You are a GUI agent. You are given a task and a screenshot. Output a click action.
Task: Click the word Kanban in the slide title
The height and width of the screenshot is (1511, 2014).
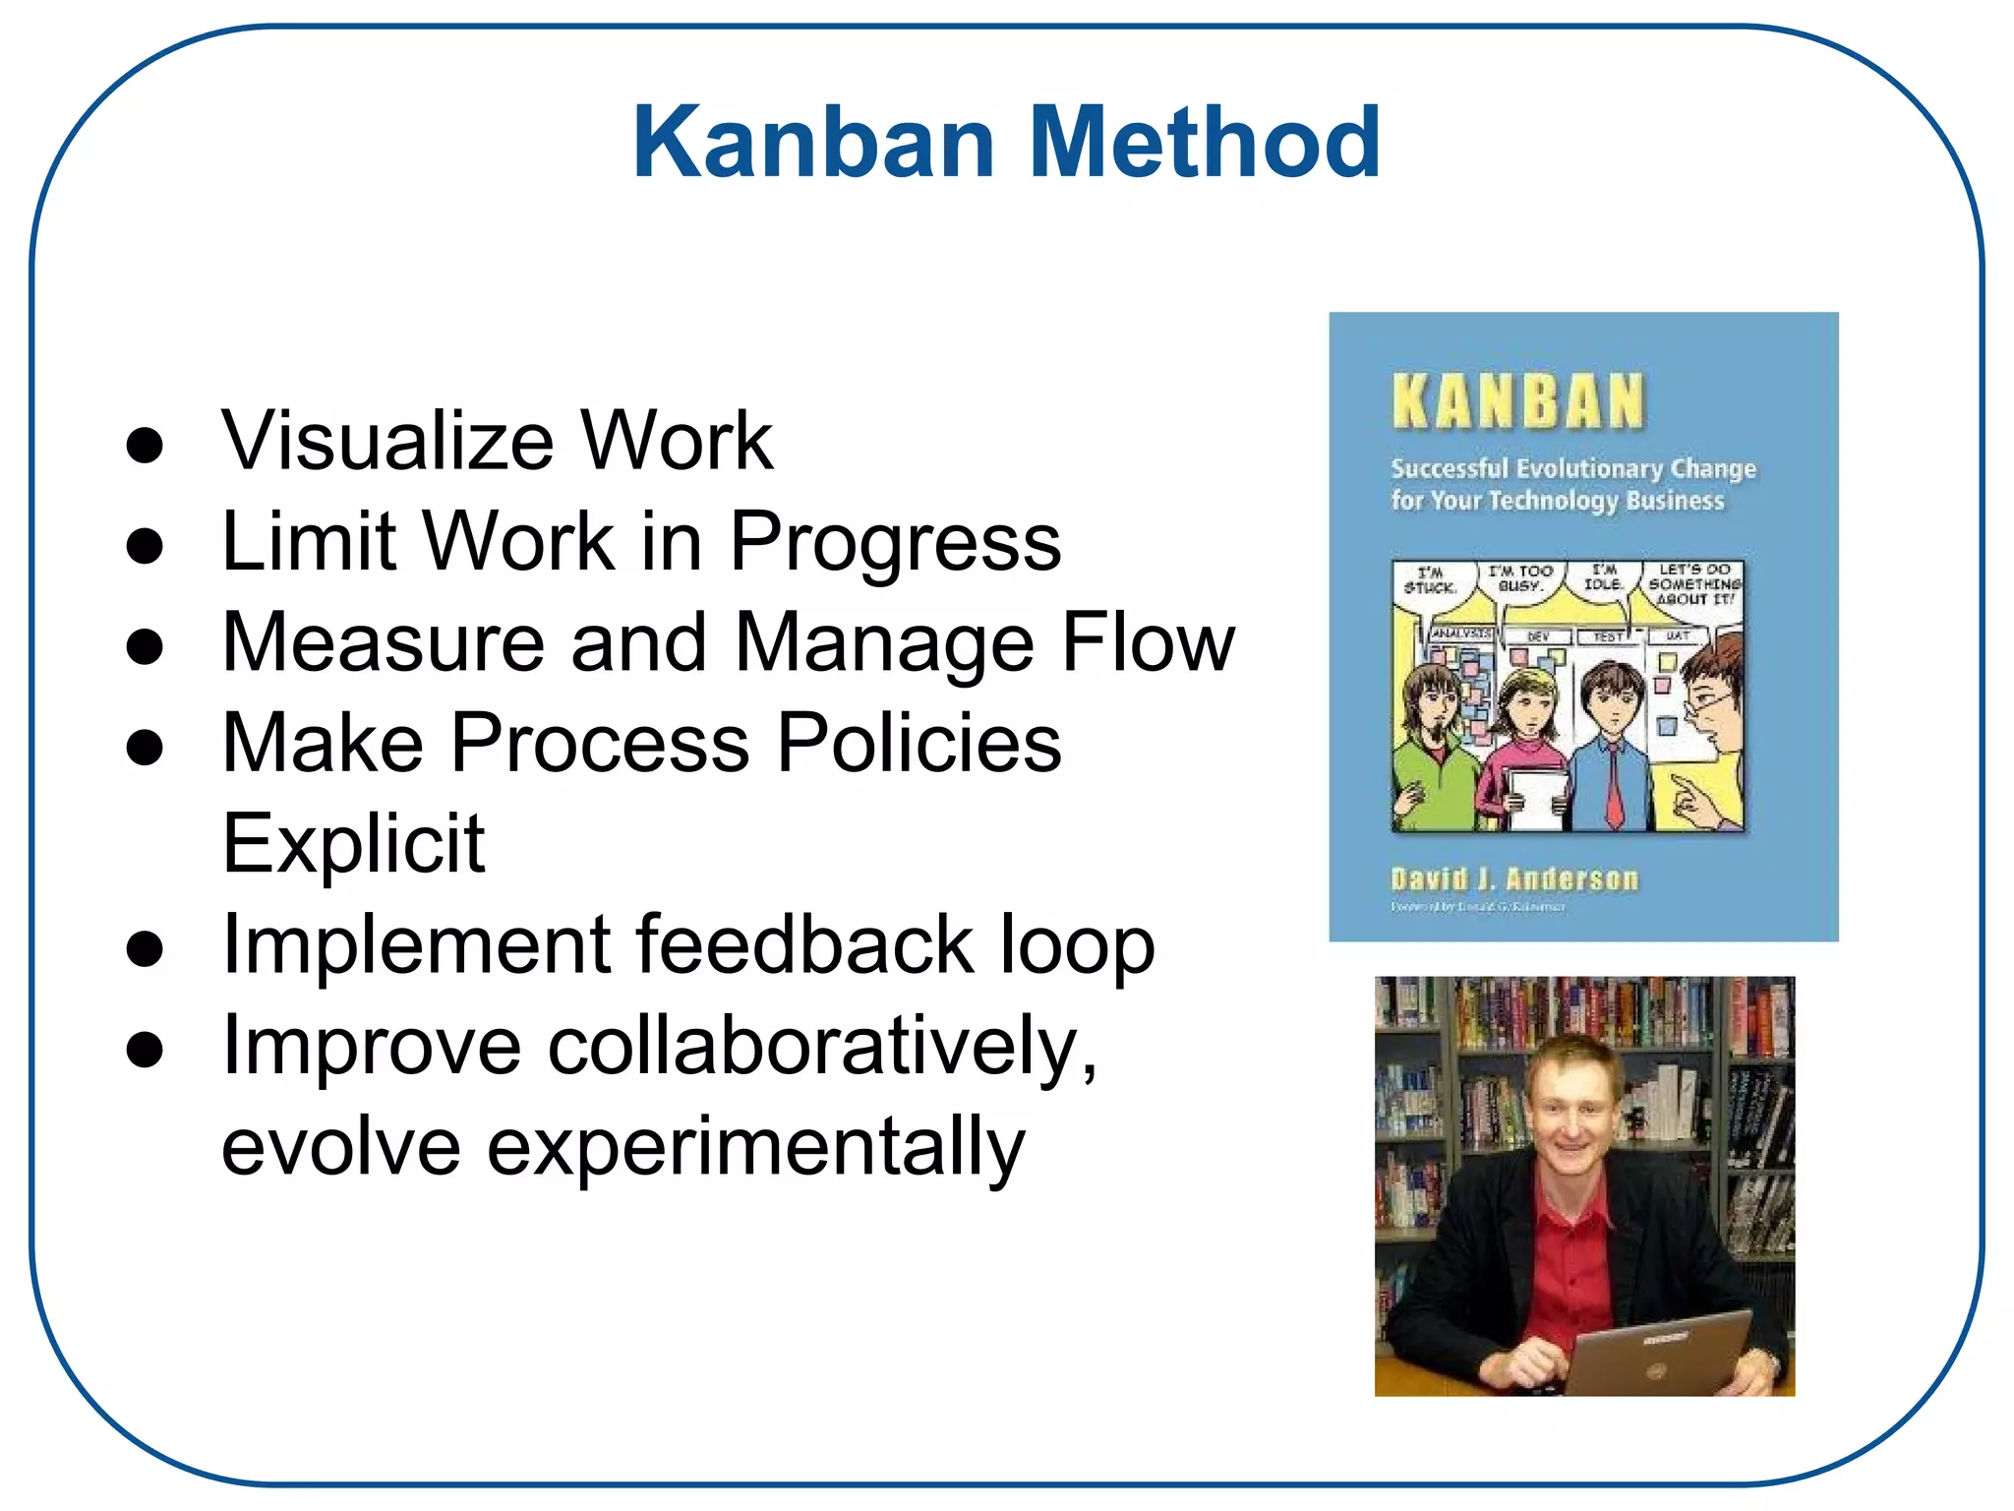814,144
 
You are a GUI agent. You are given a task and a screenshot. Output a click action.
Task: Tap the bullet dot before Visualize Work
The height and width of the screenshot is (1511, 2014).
145,445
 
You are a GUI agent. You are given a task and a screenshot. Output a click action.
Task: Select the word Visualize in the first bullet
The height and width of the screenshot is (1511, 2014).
387,441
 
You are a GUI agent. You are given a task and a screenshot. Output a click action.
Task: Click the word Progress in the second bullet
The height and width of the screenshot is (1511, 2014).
895,543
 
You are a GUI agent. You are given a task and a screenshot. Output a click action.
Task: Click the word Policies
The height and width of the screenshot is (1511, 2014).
918,743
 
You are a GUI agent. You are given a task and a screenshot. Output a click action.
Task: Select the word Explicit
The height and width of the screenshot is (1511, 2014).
353,844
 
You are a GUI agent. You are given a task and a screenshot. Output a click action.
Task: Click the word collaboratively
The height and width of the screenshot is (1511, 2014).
822,1047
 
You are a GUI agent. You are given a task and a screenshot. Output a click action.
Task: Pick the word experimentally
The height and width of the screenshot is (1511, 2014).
755,1147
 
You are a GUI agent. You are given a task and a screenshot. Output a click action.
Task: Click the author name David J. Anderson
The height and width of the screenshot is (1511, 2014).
1514,878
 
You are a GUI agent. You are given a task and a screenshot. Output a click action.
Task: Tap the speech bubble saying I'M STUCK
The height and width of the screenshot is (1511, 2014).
1430,580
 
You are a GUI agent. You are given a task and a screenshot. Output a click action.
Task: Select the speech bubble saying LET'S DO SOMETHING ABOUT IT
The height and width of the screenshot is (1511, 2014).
1693,584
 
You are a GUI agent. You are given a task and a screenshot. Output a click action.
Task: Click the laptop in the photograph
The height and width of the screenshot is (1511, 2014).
1662,1353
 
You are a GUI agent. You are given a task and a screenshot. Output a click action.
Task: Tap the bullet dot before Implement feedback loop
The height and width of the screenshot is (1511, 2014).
145,949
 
